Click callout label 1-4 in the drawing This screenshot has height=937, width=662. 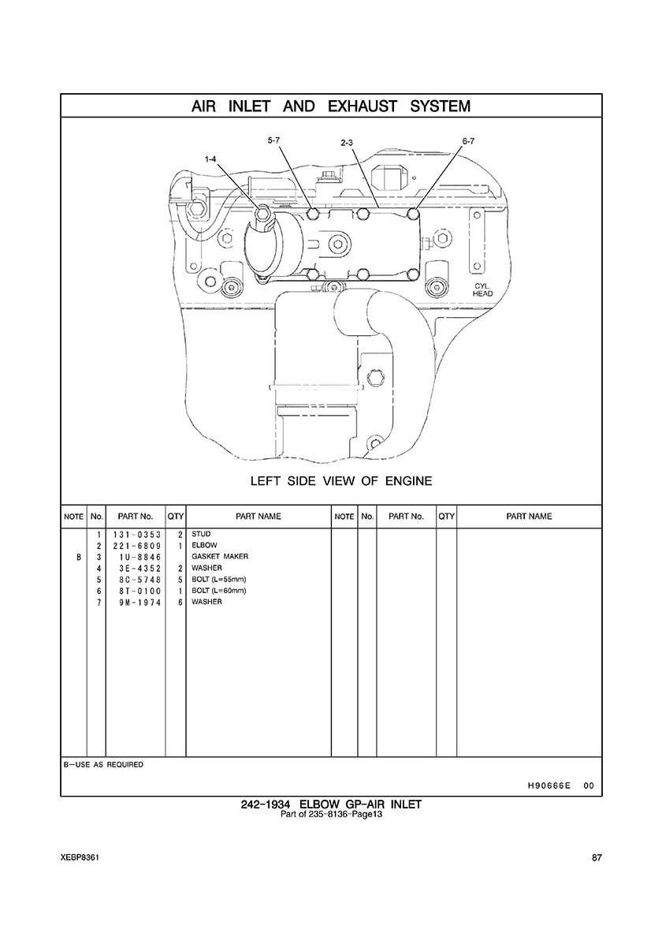pyautogui.click(x=210, y=159)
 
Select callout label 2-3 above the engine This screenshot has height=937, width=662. pyautogui.click(x=347, y=143)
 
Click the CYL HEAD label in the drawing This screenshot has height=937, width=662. pyautogui.click(x=482, y=289)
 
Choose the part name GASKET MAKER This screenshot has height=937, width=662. pyautogui.click(x=220, y=557)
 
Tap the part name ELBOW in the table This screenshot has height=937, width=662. pyautogui.click(x=203, y=545)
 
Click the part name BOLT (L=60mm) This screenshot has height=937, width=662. pyautogui.click(x=219, y=591)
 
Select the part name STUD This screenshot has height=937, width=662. pyautogui.click(x=201, y=534)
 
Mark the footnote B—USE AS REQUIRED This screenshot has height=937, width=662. pyautogui.click(x=103, y=764)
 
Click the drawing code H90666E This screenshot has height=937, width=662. pyautogui.click(x=549, y=786)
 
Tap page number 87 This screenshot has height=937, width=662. pyautogui.click(x=596, y=858)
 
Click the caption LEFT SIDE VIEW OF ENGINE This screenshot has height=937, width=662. pyautogui.click(x=341, y=480)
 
